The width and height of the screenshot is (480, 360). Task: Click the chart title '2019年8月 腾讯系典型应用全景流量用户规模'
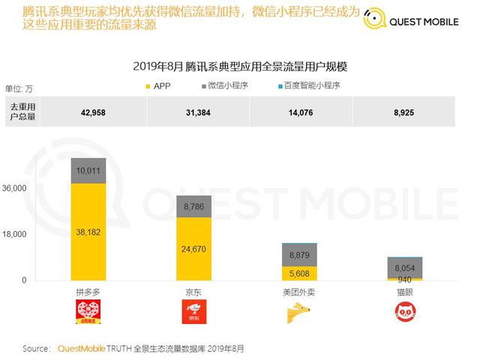point(240,67)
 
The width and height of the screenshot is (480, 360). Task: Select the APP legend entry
point(157,86)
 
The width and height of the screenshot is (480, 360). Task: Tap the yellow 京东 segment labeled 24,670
point(193,249)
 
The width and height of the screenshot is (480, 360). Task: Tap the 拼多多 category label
point(88,289)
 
